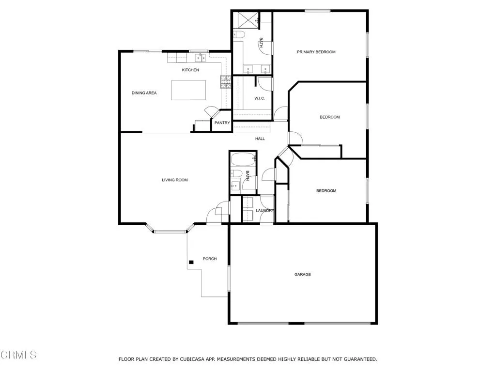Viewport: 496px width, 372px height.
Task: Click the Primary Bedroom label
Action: tap(316, 52)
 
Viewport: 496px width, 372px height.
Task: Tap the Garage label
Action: tap(303, 275)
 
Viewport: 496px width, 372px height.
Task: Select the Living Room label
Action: tap(175, 180)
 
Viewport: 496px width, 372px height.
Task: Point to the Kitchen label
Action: tap(190, 70)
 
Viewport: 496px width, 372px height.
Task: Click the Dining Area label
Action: tap(144, 93)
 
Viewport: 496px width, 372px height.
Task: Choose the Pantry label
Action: tap(222, 123)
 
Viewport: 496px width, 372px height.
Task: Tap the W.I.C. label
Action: tap(259, 99)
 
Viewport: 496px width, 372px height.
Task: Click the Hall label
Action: tap(260, 139)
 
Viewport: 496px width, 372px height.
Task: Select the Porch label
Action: tap(210, 259)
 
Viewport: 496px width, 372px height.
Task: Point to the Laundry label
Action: tap(265, 211)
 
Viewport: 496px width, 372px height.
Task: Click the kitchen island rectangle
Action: tap(188, 90)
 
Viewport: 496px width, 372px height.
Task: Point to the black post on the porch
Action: tap(191, 262)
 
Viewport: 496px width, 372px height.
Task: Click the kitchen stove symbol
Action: tap(225, 83)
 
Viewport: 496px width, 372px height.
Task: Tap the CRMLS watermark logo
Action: tap(18, 355)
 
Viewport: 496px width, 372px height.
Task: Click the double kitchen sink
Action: tap(201, 58)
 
